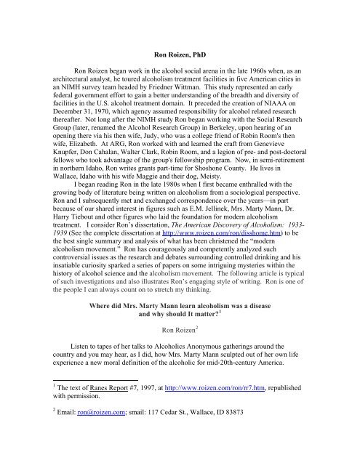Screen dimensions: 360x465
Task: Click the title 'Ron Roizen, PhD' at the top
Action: coord(180,32)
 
